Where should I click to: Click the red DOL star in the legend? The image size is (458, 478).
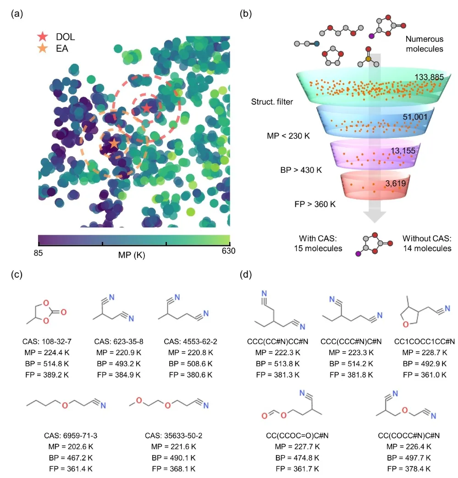click(x=43, y=37)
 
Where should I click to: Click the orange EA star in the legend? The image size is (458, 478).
click(x=43, y=48)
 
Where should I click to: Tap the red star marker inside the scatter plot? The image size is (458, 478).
click(x=146, y=108)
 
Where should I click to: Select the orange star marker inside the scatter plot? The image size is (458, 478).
click(x=113, y=144)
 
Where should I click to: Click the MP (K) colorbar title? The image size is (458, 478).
click(x=132, y=255)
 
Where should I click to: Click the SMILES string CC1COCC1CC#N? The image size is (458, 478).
click(x=424, y=341)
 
